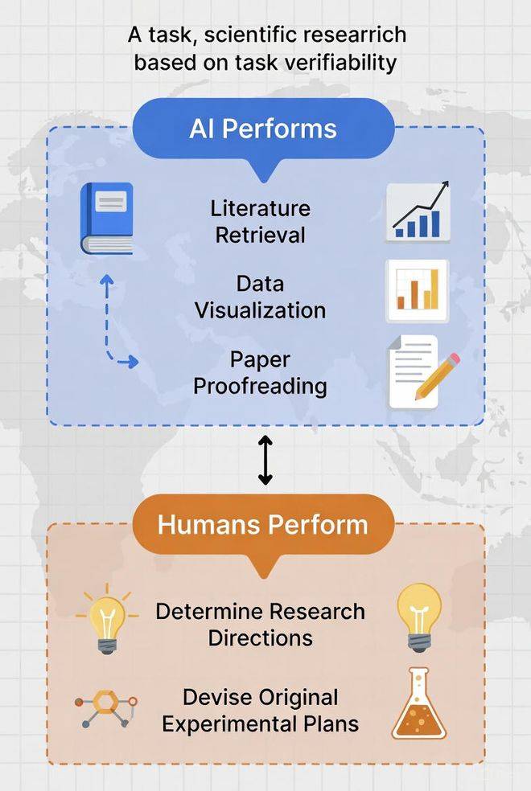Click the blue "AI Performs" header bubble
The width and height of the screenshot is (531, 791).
(263, 132)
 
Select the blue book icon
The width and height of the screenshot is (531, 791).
(106, 219)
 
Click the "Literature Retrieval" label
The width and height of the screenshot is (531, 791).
(261, 221)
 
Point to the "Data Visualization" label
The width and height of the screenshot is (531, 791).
(261, 297)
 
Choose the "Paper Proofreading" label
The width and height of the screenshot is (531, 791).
(261, 372)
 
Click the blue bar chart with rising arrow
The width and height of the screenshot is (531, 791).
(418, 212)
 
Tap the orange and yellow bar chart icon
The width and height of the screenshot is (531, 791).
(417, 290)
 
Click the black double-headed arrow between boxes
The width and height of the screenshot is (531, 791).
(265, 460)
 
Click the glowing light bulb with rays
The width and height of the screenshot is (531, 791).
(106, 618)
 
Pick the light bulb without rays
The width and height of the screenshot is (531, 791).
(419, 617)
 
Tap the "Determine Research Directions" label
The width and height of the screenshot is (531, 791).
(261, 625)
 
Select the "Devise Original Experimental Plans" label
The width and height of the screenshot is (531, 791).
(261, 711)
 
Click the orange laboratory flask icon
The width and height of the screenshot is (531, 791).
(419, 703)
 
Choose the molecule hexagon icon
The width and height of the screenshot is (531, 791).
(106, 709)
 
